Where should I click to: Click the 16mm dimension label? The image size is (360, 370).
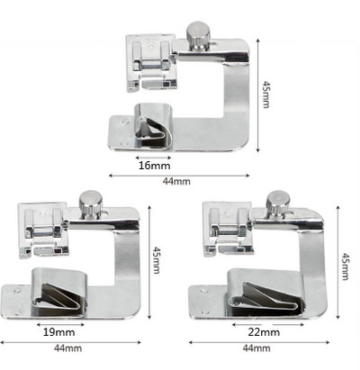click(154, 166)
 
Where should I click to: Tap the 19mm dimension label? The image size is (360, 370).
click(59, 332)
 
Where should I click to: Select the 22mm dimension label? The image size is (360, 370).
click(264, 332)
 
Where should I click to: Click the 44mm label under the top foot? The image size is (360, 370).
click(176, 181)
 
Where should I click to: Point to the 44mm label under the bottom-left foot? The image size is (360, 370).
click(67, 348)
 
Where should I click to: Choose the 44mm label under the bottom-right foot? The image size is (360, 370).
click(256, 348)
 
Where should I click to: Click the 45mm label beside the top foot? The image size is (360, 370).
click(266, 94)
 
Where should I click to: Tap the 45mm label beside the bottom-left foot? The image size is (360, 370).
click(157, 260)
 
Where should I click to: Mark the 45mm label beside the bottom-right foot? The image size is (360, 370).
click(346, 266)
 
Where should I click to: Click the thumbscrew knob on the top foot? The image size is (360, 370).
click(198, 35)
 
